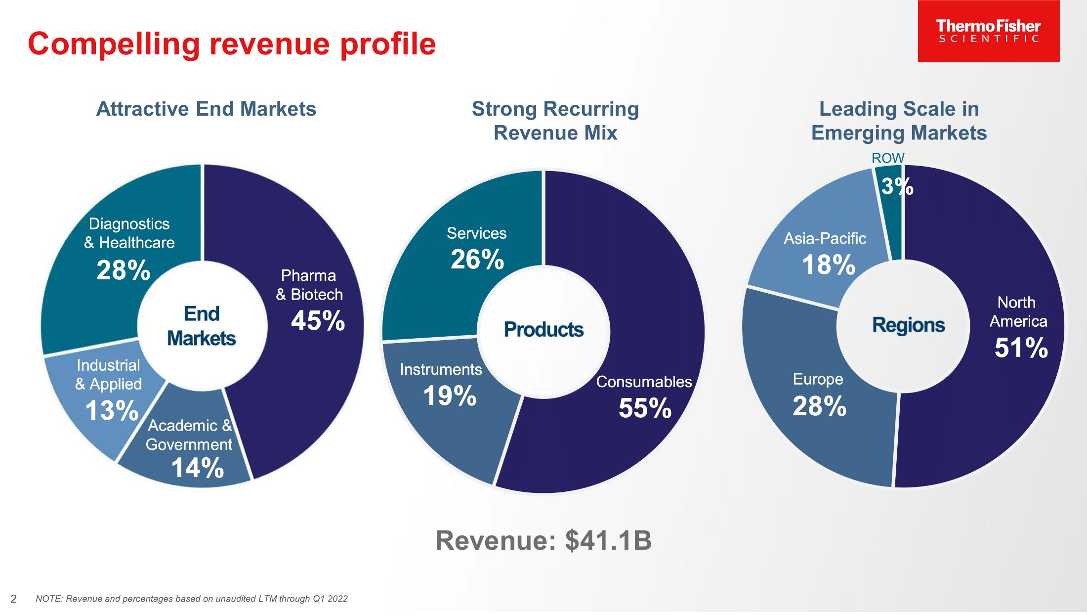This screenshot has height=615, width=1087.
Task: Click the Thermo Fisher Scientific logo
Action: [x=988, y=31]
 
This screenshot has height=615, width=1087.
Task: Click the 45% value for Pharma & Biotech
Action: [x=318, y=320]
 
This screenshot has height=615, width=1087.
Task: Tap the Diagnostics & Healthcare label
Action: [x=129, y=233]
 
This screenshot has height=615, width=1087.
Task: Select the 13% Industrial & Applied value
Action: [x=112, y=410]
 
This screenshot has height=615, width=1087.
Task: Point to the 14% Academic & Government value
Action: [x=198, y=467]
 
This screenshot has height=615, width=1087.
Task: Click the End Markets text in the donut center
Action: [x=202, y=326]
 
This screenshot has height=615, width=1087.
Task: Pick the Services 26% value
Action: [x=477, y=259]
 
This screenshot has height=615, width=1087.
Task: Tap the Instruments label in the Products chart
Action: [x=441, y=369]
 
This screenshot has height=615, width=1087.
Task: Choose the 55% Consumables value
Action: [x=645, y=408]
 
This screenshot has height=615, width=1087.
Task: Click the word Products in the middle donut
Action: [x=543, y=329]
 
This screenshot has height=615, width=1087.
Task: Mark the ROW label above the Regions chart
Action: [x=887, y=158]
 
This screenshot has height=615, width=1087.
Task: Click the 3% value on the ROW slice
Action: [x=897, y=186]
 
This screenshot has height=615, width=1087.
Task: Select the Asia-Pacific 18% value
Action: [x=829, y=264]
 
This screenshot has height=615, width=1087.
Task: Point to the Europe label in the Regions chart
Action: [x=818, y=379]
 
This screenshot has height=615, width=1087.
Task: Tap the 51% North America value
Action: [x=1021, y=347]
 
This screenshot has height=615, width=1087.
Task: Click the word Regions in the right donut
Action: [x=908, y=325]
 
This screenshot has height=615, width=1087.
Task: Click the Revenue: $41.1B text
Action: [x=543, y=540]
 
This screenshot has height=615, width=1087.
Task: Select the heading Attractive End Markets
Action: [x=206, y=109]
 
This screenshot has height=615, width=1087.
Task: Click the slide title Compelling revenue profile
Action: [x=232, y=44]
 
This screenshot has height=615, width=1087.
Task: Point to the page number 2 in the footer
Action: [x=14, y=599]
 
